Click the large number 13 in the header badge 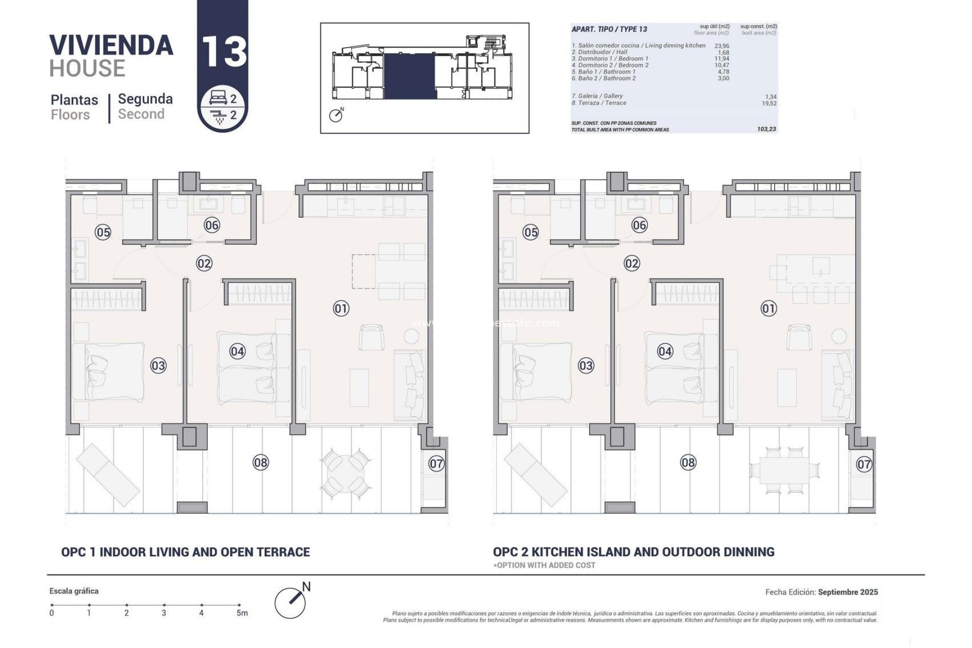224,51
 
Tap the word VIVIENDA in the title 111,45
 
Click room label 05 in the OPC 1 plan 103,232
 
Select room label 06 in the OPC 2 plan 639,225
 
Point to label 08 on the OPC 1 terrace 261,462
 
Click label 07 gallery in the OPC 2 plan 864,464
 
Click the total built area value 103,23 766,130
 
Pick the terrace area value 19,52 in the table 769,103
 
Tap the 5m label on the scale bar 242,613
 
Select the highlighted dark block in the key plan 410,77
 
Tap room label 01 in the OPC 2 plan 768,308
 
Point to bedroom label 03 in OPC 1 158,366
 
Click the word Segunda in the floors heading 145,99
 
